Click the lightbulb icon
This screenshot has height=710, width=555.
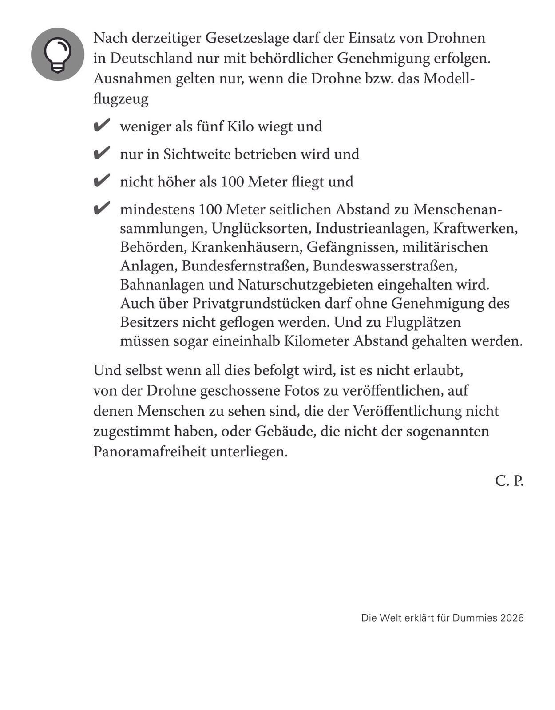pos(57,54)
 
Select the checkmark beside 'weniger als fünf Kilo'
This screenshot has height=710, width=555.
pos(102,126)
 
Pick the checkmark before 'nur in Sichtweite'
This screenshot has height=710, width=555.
pos(102,153)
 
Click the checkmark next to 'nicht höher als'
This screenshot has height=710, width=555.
pos(102,181)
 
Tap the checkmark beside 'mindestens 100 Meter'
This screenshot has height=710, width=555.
pos(102,208)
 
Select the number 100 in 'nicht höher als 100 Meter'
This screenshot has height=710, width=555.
pos(233,182)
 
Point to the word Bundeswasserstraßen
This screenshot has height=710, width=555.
pos(385,266)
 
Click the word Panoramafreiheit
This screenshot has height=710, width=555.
pos(150,452)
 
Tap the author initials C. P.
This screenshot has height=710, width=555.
pos(509,480)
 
